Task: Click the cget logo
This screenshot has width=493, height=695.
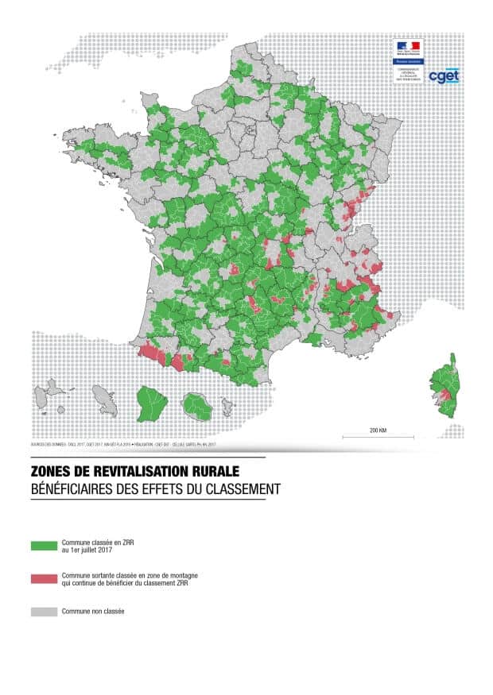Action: tap(443, 76)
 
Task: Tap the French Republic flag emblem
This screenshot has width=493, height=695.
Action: tap(410, 46)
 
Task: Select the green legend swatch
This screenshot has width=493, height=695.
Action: tap(43, 546)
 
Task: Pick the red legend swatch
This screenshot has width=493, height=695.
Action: tap(43, 578)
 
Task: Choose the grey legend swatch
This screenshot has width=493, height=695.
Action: tap(43, 612)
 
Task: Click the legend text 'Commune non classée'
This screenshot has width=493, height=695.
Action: tap(92, 612)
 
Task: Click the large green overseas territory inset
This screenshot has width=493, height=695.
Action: tap(149, 403)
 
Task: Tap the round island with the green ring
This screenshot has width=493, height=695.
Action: tap(196, 407)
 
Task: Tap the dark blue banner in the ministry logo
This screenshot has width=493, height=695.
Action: tap(410, 60)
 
